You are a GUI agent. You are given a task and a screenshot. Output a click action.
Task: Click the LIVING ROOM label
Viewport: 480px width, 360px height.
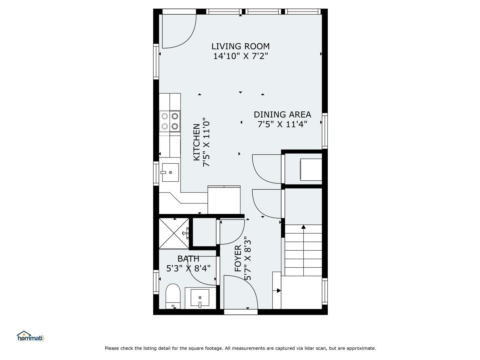click(x=240, y=46)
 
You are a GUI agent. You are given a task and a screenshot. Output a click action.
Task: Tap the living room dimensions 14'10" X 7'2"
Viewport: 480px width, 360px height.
click(x=240, y=56)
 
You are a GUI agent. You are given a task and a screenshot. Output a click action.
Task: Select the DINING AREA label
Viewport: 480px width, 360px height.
click(x=282, y=115)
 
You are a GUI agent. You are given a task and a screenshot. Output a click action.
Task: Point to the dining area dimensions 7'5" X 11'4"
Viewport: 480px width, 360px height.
click(x=282, y=124)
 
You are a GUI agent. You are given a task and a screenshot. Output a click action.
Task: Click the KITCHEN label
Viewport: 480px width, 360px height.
click(x=197, y=142)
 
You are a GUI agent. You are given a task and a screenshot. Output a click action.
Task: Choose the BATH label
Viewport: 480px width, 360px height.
click(x=188, y=259)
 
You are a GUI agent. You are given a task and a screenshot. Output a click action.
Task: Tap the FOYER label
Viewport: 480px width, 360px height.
click(x=238, y=258)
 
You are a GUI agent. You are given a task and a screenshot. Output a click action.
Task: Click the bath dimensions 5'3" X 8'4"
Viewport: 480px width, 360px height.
click(x=188, y=268)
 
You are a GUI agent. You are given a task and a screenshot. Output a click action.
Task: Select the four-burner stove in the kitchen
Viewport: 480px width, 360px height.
click(x=170, y=121)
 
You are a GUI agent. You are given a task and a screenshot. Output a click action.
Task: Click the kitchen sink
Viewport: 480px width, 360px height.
click(x=170, y=172)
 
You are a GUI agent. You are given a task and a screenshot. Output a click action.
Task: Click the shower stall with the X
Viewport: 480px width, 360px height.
click(x=174, y=233)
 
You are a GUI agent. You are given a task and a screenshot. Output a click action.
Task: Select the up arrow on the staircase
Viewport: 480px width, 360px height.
click(x=303, y=227)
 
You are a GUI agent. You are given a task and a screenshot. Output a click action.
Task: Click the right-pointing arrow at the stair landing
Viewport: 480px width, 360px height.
click(x=278, y=291)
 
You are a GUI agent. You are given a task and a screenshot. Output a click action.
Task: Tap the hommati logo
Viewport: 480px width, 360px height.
click(x=30, y=336)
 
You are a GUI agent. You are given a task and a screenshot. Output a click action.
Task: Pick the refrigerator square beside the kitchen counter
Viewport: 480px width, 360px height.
click(x=224, y=200)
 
